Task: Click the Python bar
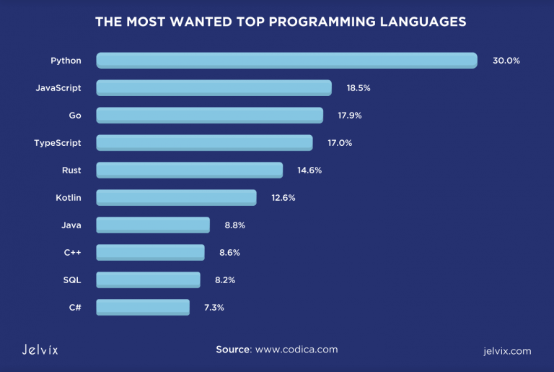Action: (x=286, y=61)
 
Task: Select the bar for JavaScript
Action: (x=214, y=88)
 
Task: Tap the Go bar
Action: (x=209, y=116)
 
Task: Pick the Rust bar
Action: (x=189, y=170)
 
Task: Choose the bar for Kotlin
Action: (x=176, y=198)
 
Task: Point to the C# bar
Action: (x=143, y=308)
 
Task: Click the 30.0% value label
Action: (x=506, y=61)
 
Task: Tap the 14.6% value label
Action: (x=309, y=170)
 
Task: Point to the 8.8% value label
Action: (x=235, y=225)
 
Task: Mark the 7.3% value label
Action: (x=214, y=308)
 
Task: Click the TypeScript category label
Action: (x=58, y=143)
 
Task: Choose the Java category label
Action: (x=71, y=225)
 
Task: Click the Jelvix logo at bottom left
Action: (x=35, y=350)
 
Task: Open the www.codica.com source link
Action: (x=296, y=350)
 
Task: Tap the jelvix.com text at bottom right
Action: (x=507, y=351)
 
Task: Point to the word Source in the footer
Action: (x=232, y=350)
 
